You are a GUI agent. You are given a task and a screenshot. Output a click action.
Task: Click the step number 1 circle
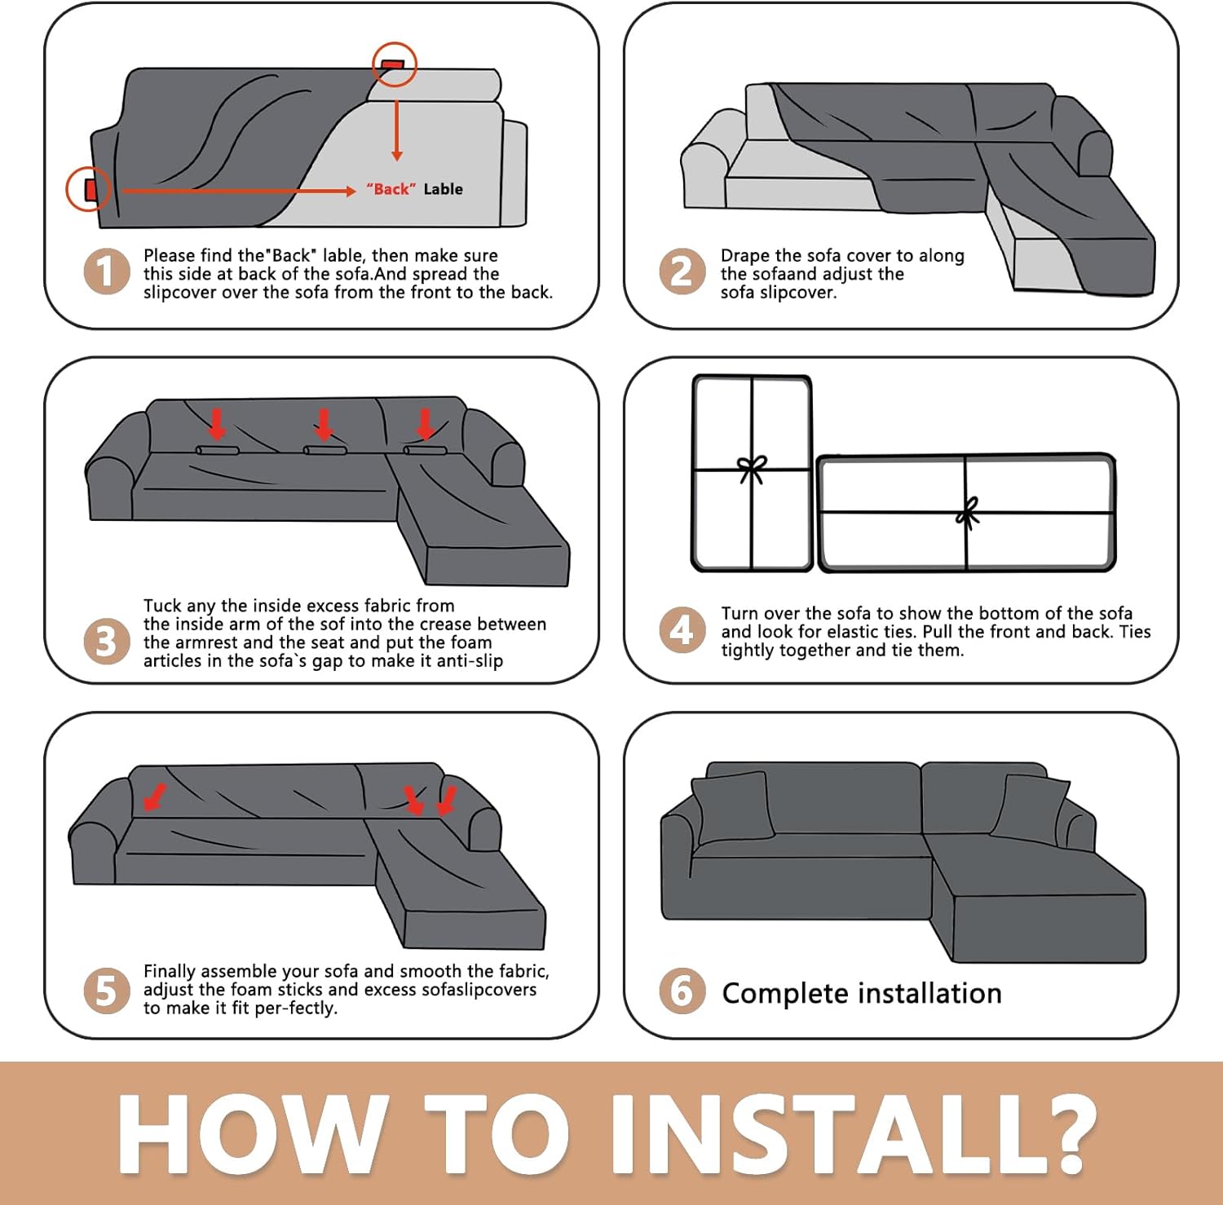pyautogui.click(x=107, y=272)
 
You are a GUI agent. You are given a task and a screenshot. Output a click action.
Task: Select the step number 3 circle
pyautogui.click(x=107, y=642)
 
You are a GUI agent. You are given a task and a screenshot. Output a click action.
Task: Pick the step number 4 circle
pyautogui.click(x=682, y=630)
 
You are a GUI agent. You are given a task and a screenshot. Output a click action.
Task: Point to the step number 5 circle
pyautogui.click(x=107, y=991)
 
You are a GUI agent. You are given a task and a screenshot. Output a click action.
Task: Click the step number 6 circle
pyautogui.click(x=682, y=991)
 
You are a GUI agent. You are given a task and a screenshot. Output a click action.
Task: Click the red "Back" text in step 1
pyautogui.click(x=391, y=189)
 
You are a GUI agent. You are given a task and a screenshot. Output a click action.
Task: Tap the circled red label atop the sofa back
pyautogui.click(x=394, y=64)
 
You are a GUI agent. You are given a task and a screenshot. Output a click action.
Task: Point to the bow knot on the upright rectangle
pyautogui.click(x=752, y=469)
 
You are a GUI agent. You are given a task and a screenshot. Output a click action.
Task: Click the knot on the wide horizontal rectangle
pyautogui.click(x=968, y=513)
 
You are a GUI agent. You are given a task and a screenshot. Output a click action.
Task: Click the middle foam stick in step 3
pyautogui.click(x=325, y=450)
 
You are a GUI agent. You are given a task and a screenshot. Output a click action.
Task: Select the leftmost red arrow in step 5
pyautogui.click(x=154, y=798)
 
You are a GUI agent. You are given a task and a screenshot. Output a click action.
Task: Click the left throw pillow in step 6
pyautogui.click(x=732, y=808)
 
